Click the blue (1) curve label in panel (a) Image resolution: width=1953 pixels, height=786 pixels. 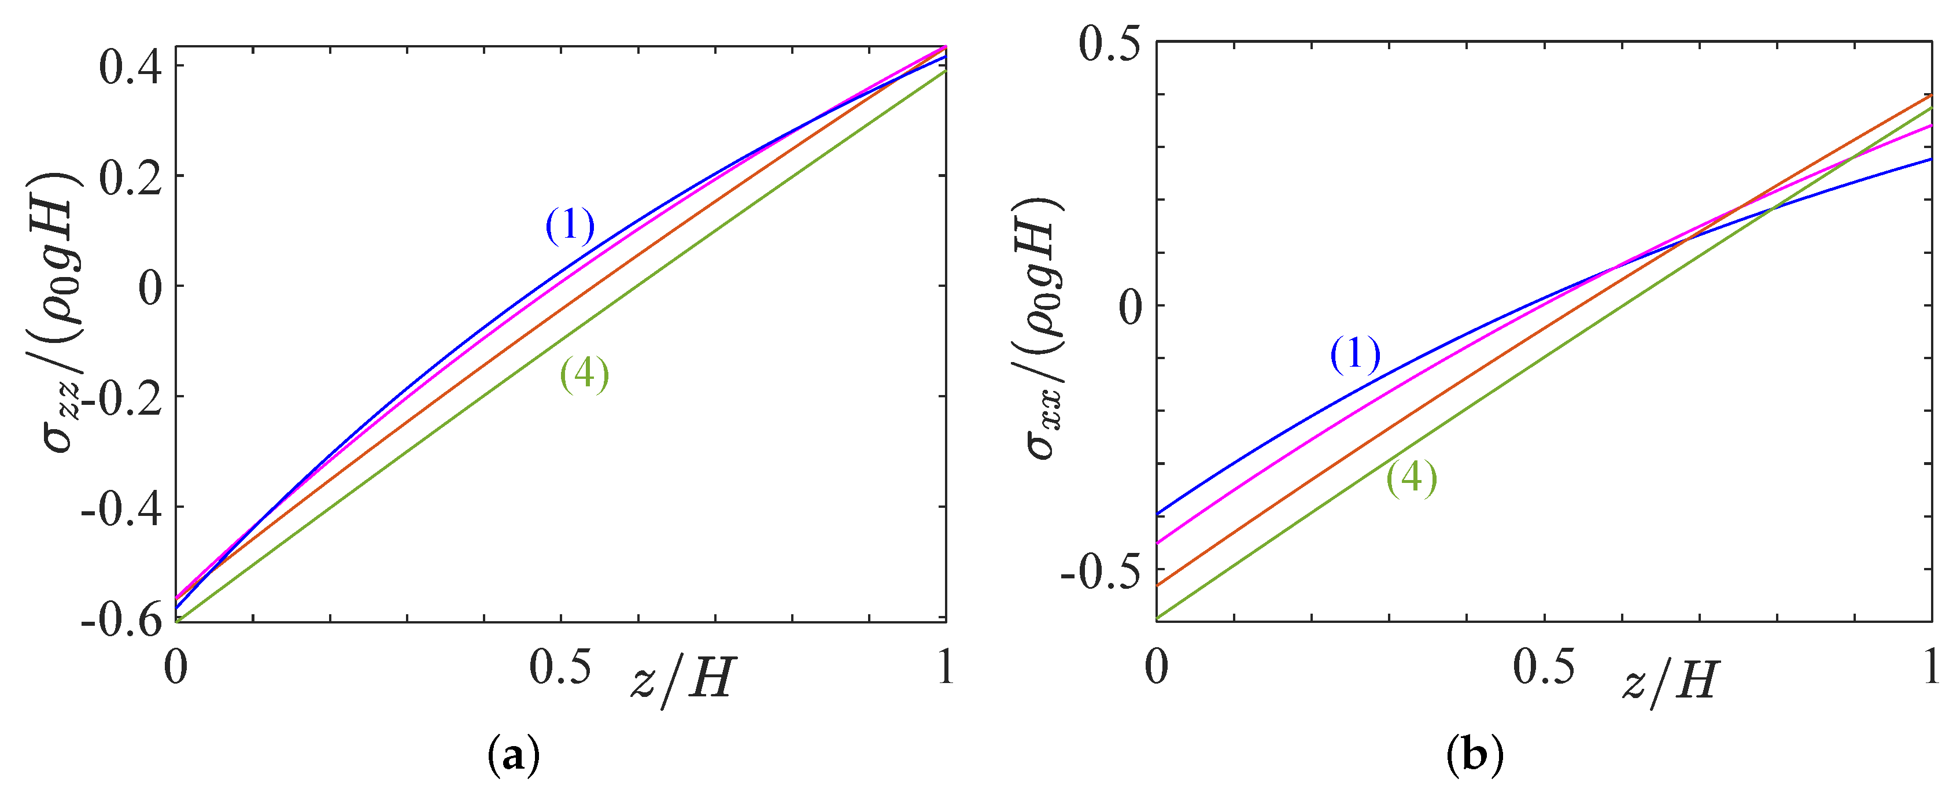[x=570, y=226]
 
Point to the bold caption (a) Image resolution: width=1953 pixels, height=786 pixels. [x=515, y=756]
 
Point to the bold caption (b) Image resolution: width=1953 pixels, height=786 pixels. [x=1475, y=756]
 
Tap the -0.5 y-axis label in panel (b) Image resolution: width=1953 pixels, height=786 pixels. [x=1099, y=572]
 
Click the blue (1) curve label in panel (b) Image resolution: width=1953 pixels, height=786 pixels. [x=1356, y=355]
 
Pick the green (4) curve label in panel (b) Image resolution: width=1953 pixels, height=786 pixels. [x=1412, y=479]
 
